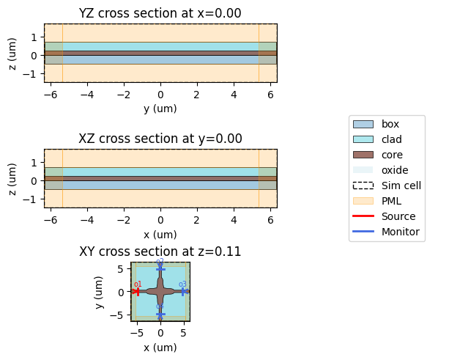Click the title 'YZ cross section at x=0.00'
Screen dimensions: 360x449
point(160,12)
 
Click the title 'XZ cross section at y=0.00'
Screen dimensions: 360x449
point(160,139)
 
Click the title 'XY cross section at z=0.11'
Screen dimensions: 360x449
point(160,251)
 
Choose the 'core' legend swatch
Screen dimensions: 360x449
point(363,155)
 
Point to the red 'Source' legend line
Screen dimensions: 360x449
point(363,216)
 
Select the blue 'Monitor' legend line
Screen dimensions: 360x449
point(363,232)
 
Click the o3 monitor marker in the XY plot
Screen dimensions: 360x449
point(183,291)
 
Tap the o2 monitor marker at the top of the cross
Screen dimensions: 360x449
point(160,268)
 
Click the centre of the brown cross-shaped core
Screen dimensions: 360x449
point(160,291)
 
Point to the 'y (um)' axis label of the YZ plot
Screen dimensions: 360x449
point(160,109)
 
